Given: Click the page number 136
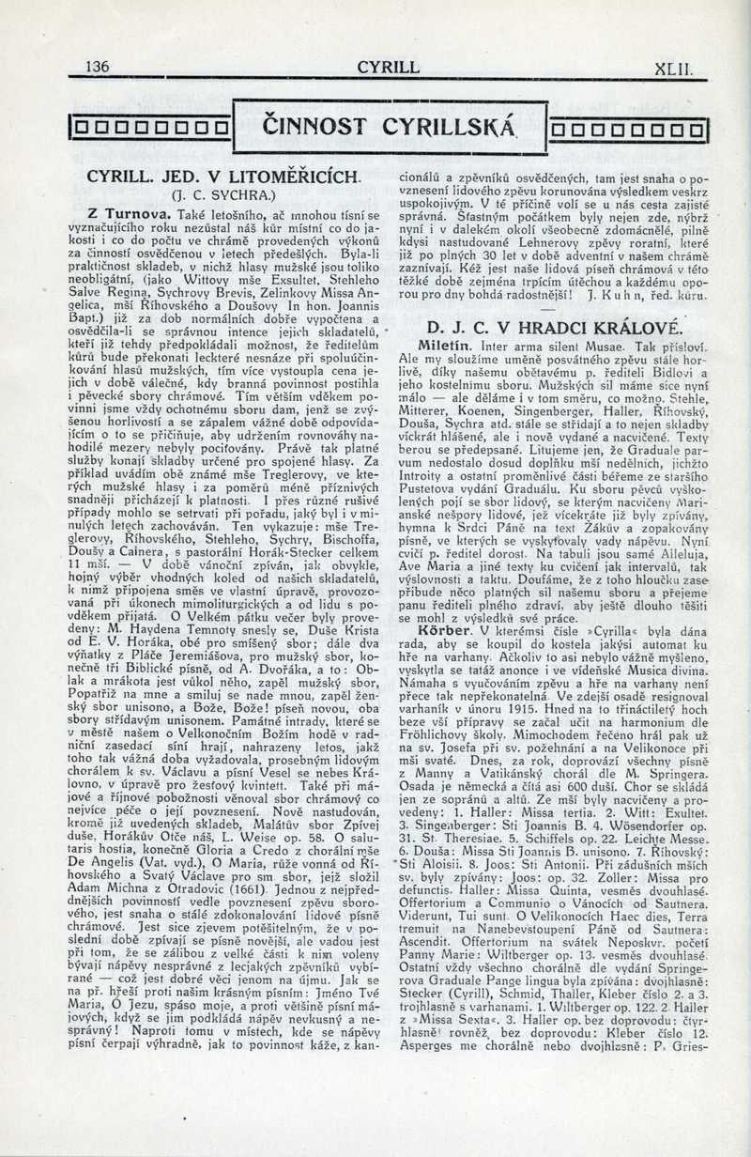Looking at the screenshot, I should click(x=97, y=67).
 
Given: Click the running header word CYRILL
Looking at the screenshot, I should click(x=388, y=67).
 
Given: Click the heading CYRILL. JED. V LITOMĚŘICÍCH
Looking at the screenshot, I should click(x=223, y=177).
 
